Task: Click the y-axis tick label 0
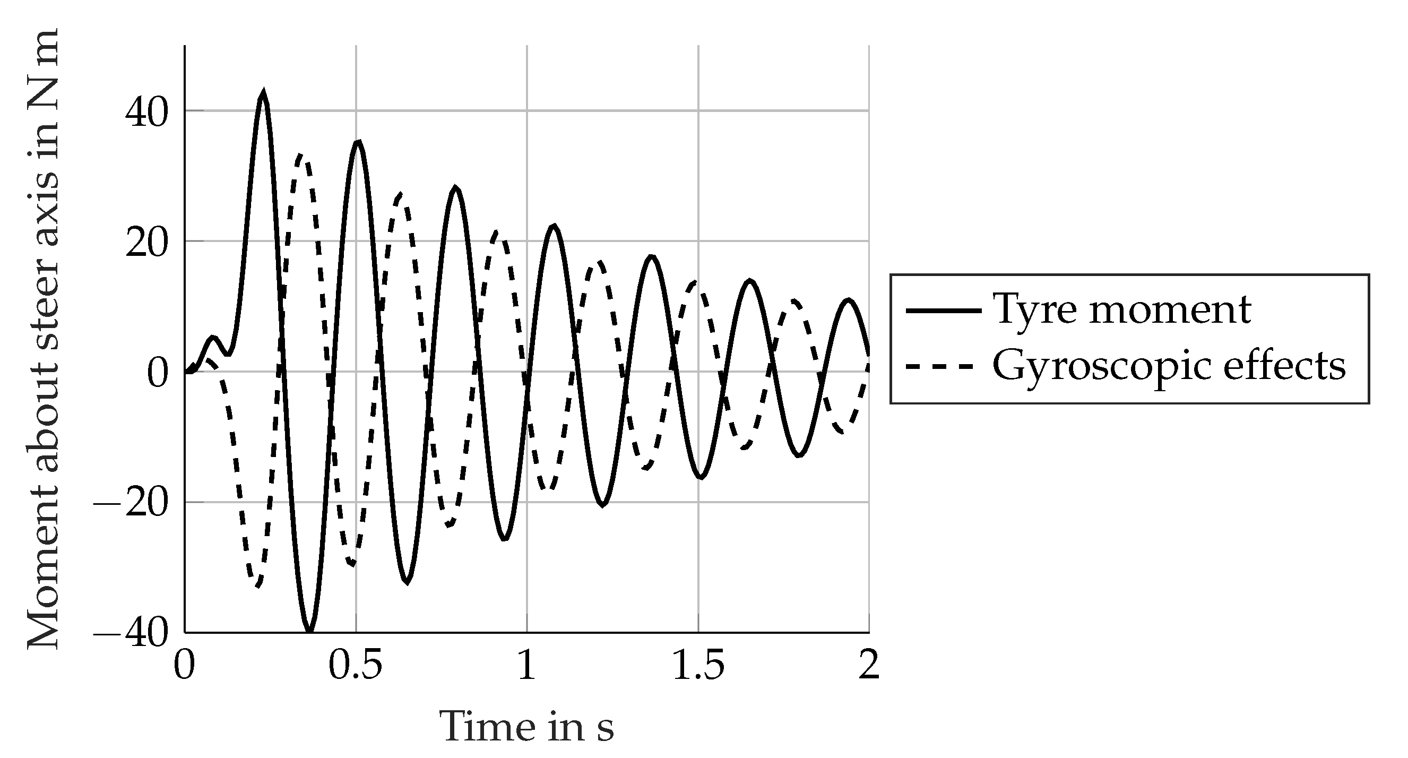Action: coord(157,375)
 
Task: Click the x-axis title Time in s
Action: coord(526,727)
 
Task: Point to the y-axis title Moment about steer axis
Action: coord(42,339)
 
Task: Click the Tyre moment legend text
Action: coord(1121,310)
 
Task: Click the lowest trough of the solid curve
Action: coord(309,631)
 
